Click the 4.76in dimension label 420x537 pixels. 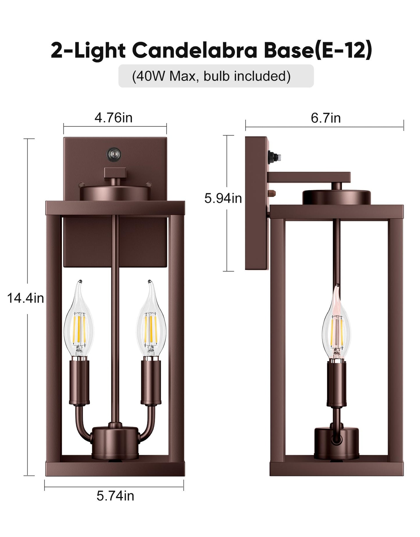tap(113, 118)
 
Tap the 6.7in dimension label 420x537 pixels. tap(326, 118)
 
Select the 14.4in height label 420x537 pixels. tap(25, 298)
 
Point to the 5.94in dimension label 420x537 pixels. tap(223, 198)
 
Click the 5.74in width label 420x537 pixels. tap(115, 496)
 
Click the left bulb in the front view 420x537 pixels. tap(78, 322)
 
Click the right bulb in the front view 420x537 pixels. tap(151, 322)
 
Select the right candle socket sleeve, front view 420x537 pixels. tap(151, 382)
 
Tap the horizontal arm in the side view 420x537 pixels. tap(310, 177)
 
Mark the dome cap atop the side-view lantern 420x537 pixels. tap(337, 197)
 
